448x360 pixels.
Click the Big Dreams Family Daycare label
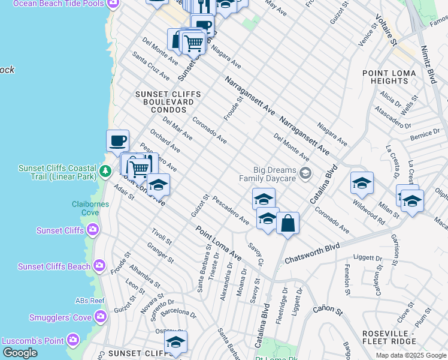click(268, 173)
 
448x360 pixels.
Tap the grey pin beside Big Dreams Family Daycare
click(305, 173)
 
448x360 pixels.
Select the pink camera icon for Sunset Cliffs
click(93, 230)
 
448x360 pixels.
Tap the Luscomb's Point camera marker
click(73, 340)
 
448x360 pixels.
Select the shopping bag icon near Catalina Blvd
click(287, 223)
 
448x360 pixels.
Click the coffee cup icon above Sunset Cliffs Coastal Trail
click(118, 140)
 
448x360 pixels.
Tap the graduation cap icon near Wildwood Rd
click(362, 183)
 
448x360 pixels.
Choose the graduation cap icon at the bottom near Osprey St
click(175, 342)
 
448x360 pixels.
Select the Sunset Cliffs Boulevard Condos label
click(164, 102)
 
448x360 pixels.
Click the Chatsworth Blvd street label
click(312, 253)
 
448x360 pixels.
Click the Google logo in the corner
click(20, 353)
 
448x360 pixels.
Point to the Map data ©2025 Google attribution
click(411, 355)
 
